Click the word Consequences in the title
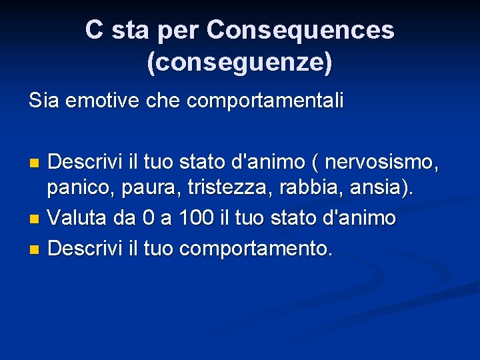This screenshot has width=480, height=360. point(300,30)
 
